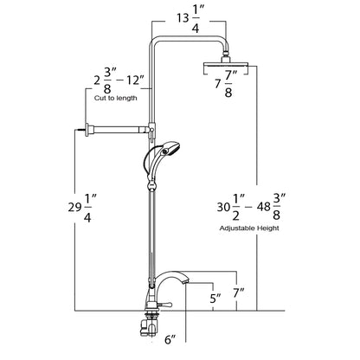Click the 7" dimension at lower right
238,294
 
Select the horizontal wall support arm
117,130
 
